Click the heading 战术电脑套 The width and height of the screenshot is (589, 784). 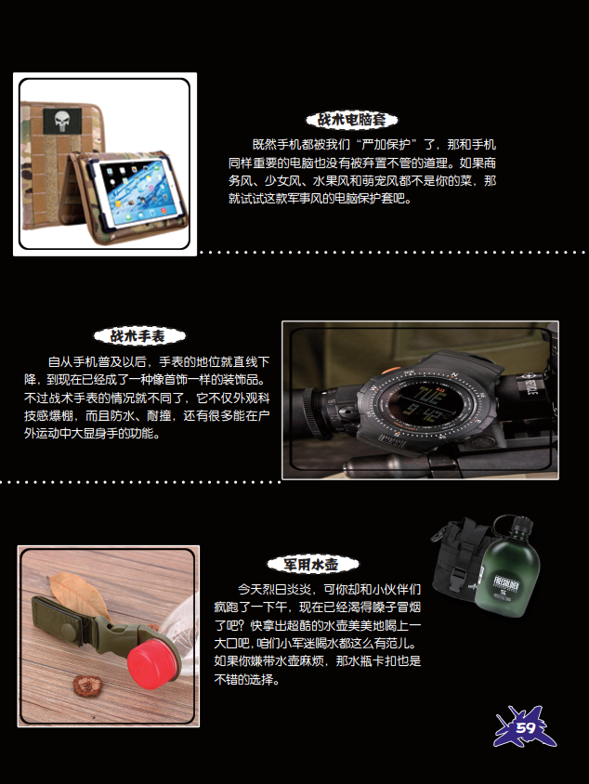tap(351, 120)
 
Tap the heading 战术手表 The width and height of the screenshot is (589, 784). tap(138, 336)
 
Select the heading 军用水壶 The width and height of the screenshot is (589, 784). tap(311, 565)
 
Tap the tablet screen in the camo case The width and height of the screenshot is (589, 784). tap(133, 190)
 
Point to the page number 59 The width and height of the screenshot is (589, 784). tap(525, 727)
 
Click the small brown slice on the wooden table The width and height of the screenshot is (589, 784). tap(88, 685)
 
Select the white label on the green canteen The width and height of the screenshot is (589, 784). tap(506, 586)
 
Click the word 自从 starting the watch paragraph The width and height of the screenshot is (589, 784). tap(60, 361)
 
